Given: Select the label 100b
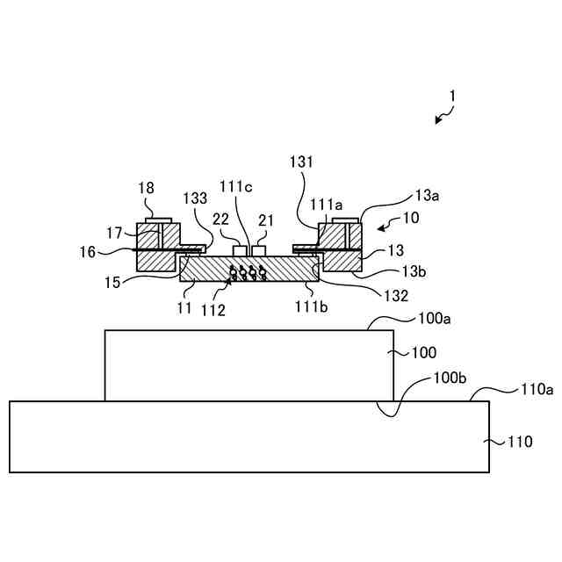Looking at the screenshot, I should point(452,378).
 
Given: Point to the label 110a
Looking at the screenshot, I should point(537,387).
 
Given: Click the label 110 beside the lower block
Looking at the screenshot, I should point(520,442).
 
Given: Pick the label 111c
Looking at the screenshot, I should point(236,186).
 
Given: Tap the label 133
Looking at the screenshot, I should point(198,198).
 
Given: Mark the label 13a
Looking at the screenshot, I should point(427,195).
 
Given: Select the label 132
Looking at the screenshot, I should point(396,296).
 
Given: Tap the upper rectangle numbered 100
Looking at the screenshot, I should point(249,365).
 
